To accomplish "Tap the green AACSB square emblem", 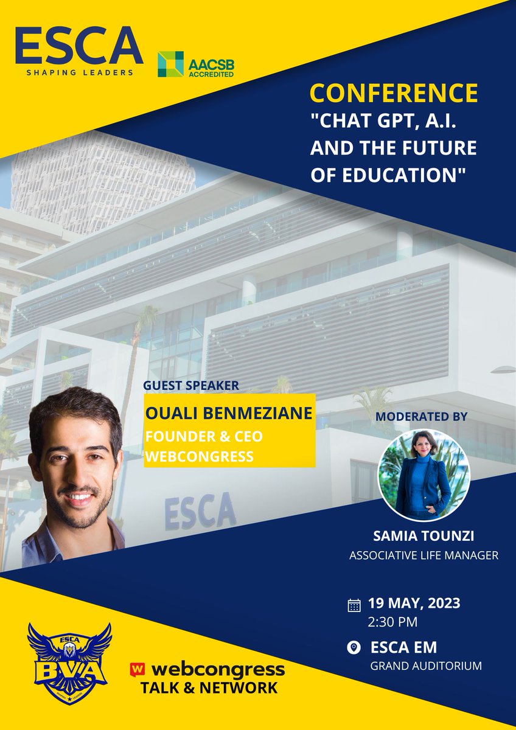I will click(x=170, y=64).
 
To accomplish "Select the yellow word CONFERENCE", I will click(x=393, y=93).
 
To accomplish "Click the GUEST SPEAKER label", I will click(x=191, y=385).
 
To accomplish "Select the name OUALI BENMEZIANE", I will click(x=229, y=413).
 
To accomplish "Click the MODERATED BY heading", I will click(x=422, y=417).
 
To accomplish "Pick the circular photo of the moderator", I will click(x=424, y=476).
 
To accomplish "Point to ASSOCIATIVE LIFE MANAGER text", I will click(x=424, y=555).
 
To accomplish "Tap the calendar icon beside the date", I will click(x=354, y=605).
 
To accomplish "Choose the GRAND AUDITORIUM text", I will click(x=426, y=666).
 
